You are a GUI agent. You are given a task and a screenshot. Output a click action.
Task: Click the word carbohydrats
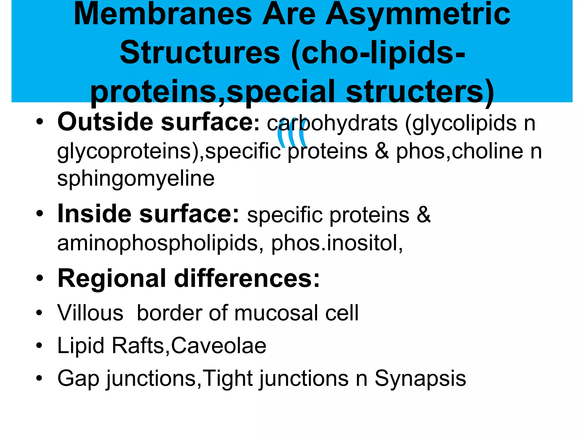332,123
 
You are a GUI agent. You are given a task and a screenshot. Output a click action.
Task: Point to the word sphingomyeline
136,179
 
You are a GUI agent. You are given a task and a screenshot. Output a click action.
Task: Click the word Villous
90,313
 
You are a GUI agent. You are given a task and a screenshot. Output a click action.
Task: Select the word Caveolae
219,346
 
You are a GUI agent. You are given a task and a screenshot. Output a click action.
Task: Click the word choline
488,151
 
